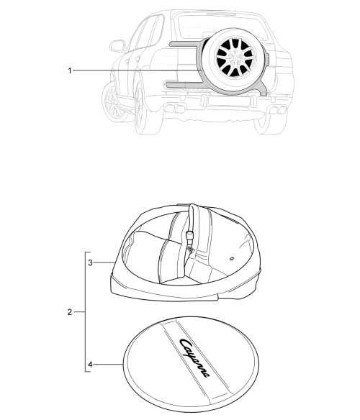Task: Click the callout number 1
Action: point(70,70)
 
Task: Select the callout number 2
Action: point(70,312)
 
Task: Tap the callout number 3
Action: point(91,262)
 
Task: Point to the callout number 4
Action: point(91,365)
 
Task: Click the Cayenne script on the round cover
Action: point(194,358)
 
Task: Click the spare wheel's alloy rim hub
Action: point(235,57)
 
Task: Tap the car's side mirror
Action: point(117,45)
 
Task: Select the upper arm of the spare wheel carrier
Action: point(185,44)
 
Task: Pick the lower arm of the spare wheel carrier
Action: point(185,85)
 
